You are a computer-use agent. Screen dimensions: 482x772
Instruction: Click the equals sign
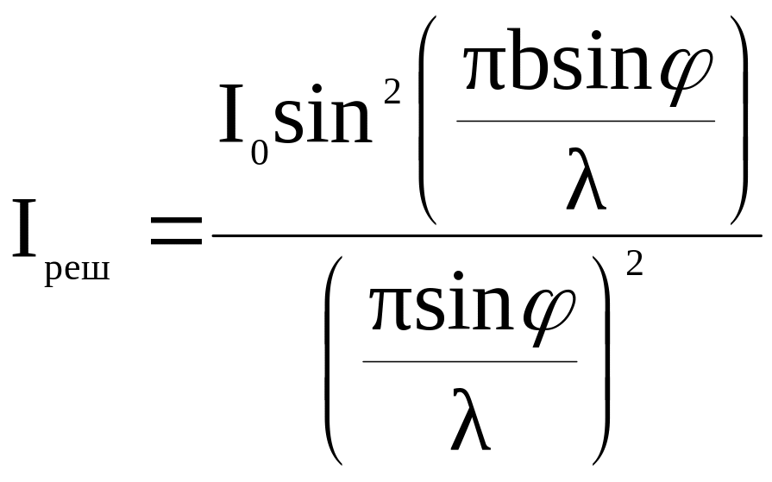pyautogui.click(x=175, y=231)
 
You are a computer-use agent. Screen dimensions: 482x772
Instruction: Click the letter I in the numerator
pyautogui.click(x=229, y=113)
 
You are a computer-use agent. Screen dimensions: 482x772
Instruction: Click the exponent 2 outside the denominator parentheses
pyautogui.click(x=634, y=262)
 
